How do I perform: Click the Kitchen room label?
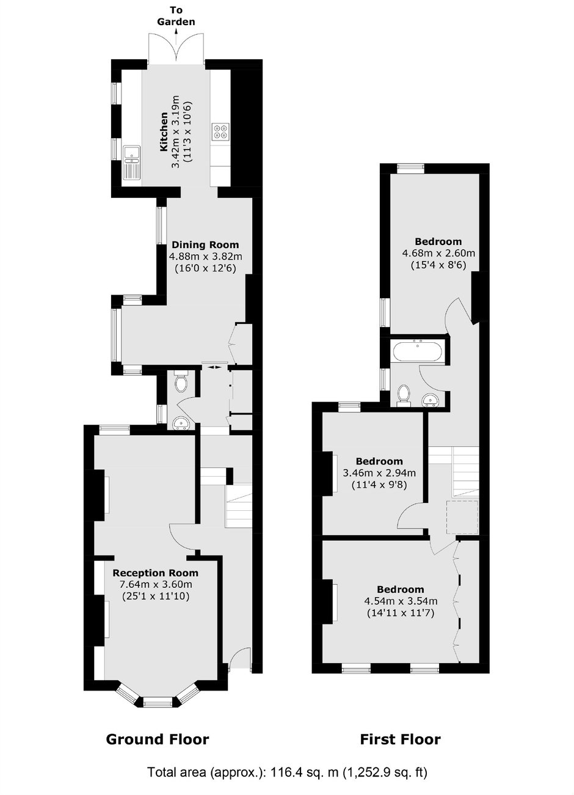click(x=164, y=131)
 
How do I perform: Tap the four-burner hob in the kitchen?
click(x=220, y=131)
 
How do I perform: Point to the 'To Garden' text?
click(x=176, y=16)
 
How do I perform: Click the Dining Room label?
click(x=205, y=245)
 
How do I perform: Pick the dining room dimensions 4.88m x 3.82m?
click(x=205, y=257)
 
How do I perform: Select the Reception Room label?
click(x=155, y=573)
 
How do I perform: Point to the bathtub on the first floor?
click(x=417, y=351)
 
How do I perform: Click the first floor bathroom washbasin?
click(x=431, y=400)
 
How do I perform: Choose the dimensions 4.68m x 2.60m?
click(x=438, y=254)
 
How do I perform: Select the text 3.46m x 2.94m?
click(x=379, y=473)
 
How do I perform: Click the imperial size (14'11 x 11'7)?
click(x=401, y=613)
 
